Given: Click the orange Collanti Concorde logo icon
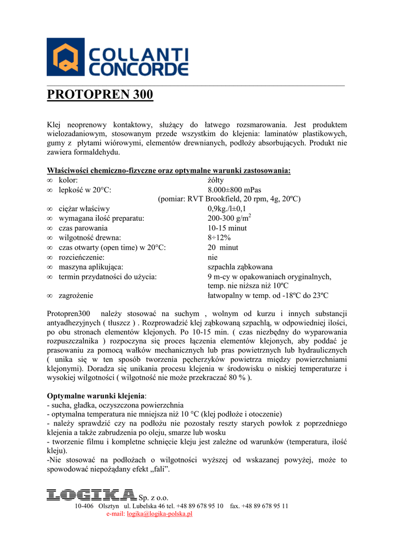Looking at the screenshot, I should [66, 57].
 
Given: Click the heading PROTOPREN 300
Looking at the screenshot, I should [100, 95].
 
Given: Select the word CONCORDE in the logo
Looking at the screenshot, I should [139, 69].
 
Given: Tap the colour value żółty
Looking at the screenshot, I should [216, 180].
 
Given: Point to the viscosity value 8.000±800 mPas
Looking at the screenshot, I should [235, 190].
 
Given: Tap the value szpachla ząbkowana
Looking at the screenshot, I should [240, 267].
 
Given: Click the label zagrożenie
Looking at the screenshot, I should [76, 295].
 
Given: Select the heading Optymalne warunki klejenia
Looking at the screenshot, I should [96, 396].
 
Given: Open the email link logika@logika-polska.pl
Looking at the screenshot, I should [160, 513].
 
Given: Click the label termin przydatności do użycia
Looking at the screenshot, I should [108, 276].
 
